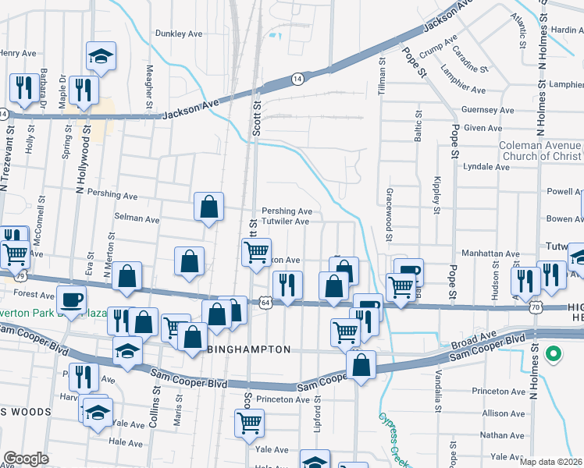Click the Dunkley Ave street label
point(179,34)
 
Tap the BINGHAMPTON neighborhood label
point(249,350)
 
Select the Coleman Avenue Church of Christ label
point(540,151)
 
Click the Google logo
point(26,459)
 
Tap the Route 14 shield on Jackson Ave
point(297,79)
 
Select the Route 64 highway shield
point(266,302)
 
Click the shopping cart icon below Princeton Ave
point(249,423)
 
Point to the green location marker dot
point(554,355)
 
